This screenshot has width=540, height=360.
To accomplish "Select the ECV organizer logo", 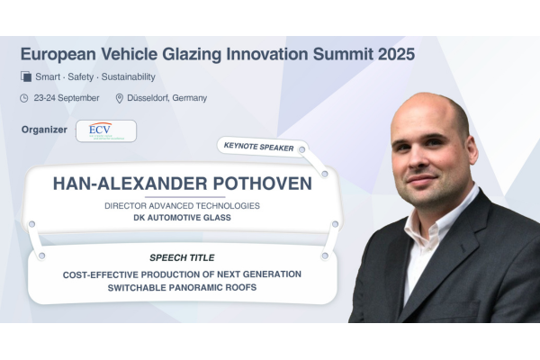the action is coord(106,130).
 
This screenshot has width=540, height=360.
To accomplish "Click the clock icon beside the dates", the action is coord(24,98).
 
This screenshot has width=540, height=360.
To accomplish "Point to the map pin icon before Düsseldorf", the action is coord(120,98).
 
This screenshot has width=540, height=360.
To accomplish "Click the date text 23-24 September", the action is coord(67,98).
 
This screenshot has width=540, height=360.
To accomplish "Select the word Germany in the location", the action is coord(189,98).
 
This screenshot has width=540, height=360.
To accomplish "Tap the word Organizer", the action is coord(44,130).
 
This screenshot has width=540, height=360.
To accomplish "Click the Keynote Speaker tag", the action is coord(259,147).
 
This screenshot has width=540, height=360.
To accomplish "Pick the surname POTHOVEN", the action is coord(263,184).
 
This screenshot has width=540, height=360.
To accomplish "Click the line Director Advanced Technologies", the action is coord(182,206).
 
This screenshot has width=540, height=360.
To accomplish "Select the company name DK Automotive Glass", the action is coord(182,218).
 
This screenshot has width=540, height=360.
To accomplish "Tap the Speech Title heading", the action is coord(182,257).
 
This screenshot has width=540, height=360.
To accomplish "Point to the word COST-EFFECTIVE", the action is coord(101,274).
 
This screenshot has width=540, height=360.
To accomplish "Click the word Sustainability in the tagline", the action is coord(129,76).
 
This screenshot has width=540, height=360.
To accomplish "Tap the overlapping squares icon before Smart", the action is coord(26,76).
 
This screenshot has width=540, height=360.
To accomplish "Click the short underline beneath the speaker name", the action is coord(184,197).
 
